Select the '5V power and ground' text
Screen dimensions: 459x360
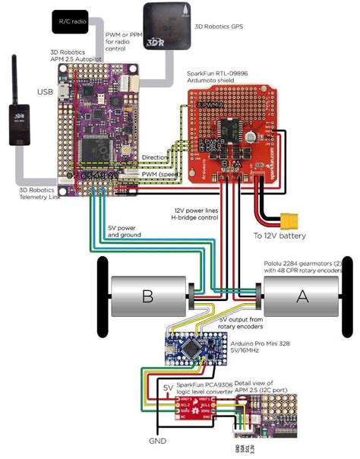122,230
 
